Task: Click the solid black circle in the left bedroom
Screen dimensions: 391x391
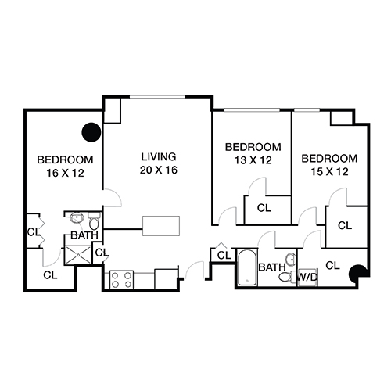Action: point(91,132)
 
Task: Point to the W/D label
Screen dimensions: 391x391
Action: point(307,278)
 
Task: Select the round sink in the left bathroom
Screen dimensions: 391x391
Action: point(77,218)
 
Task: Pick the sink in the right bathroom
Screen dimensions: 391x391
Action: point(291,259)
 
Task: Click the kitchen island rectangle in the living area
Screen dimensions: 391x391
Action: point(161,225)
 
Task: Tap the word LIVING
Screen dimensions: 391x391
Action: point(158,156)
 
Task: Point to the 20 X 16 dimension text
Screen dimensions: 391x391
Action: point(158,169)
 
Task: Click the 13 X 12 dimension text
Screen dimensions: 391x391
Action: point(253,160)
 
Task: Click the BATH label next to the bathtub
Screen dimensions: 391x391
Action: point(271,267)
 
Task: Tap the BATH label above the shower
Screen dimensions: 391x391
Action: point(84,235)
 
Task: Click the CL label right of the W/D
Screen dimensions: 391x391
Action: point(332,264)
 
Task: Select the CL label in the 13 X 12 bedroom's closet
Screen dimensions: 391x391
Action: point(264,209)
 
